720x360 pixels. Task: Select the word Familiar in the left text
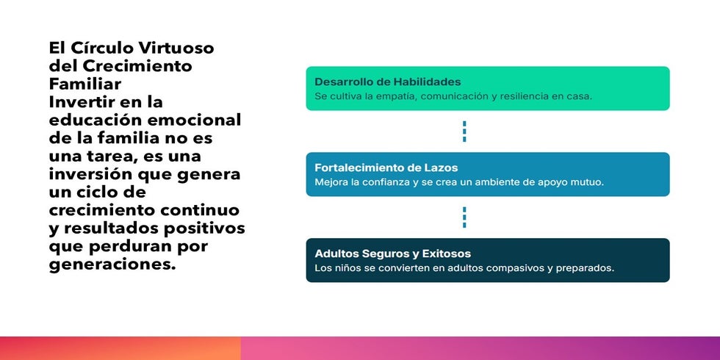(x=85, y=84)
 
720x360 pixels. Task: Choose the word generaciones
(x=112, y=264)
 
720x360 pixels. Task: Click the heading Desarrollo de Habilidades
(x=388, y=82)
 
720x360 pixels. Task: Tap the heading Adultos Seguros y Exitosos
(x=392, y=253)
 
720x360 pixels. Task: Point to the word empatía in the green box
(x=399, y=97)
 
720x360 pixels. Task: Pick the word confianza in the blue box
(x=380, y=182)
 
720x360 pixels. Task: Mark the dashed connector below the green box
(x=464, y=132)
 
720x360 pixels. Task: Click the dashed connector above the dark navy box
(x=464, y=217)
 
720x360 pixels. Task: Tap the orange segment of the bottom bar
(x=120, y=348)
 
